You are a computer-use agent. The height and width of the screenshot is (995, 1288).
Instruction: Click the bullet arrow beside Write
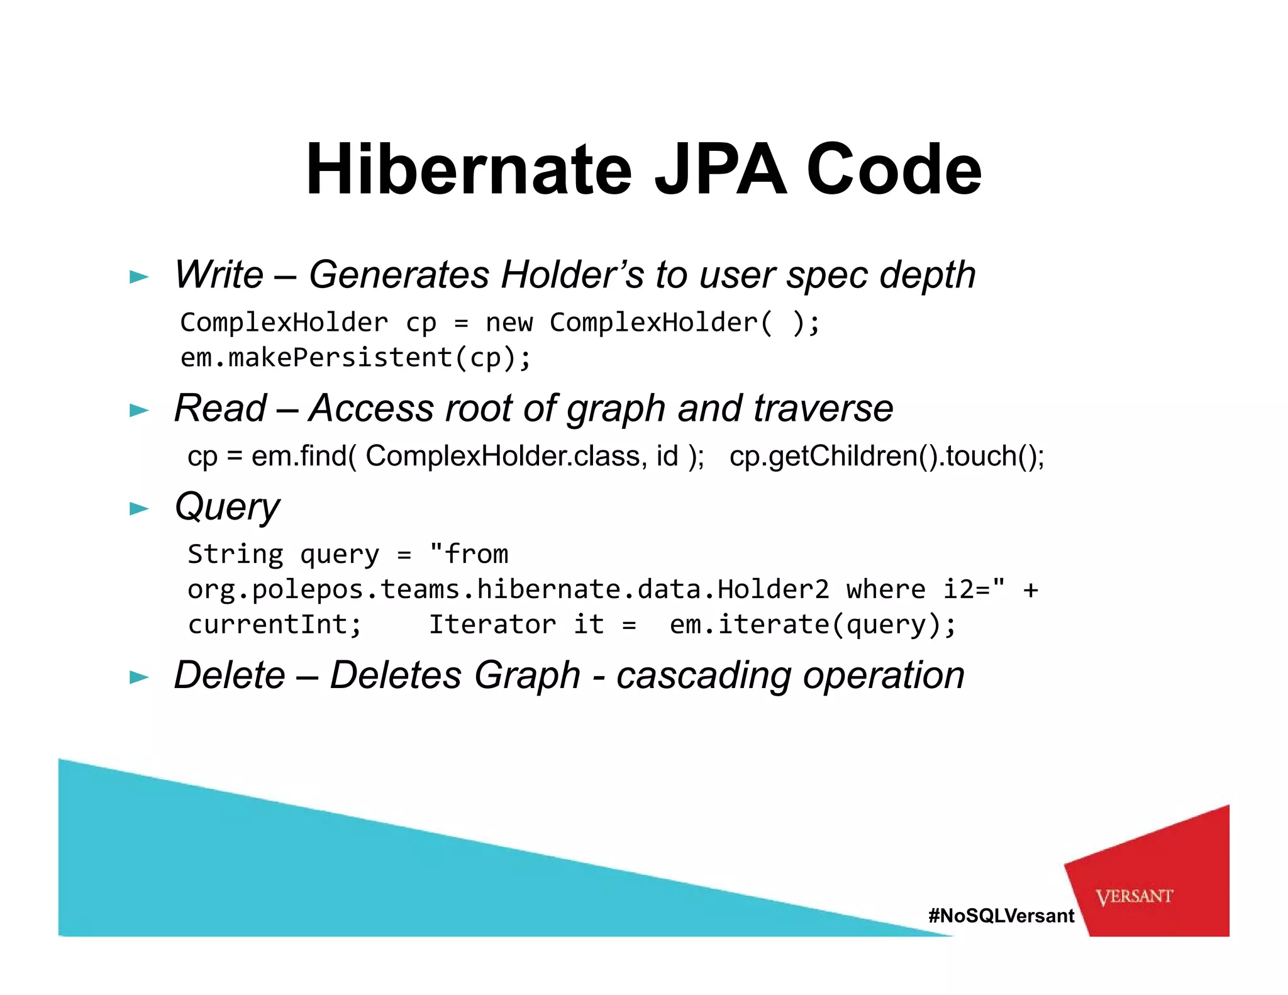point(139,277)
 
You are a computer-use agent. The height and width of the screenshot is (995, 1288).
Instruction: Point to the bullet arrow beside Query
point(139,508)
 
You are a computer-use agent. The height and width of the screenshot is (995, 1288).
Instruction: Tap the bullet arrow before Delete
point(139,677)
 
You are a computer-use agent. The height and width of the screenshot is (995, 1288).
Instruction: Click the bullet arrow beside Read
point(139,411)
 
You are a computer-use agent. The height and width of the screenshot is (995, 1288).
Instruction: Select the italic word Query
point(227,507)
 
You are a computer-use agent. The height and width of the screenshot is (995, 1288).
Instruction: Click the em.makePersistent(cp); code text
point(356,358)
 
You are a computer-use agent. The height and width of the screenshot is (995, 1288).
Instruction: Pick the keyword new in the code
point(509,323)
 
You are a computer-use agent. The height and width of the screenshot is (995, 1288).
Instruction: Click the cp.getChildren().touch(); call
point(887,456)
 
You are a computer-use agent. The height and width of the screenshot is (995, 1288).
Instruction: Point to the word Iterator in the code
point(492,625)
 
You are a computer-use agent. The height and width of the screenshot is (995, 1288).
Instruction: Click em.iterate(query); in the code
point(813,625)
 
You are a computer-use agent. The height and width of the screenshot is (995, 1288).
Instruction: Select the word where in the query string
point(885,589)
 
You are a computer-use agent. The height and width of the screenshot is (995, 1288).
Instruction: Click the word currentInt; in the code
point(275,625)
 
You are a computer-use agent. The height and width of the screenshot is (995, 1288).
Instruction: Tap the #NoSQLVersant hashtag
point(1001,916)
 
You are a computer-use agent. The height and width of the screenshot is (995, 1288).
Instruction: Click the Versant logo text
point(1134,896)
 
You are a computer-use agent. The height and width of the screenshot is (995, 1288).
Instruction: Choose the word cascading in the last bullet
point(703,676)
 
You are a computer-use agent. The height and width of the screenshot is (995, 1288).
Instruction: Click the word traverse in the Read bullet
point(823,408)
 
